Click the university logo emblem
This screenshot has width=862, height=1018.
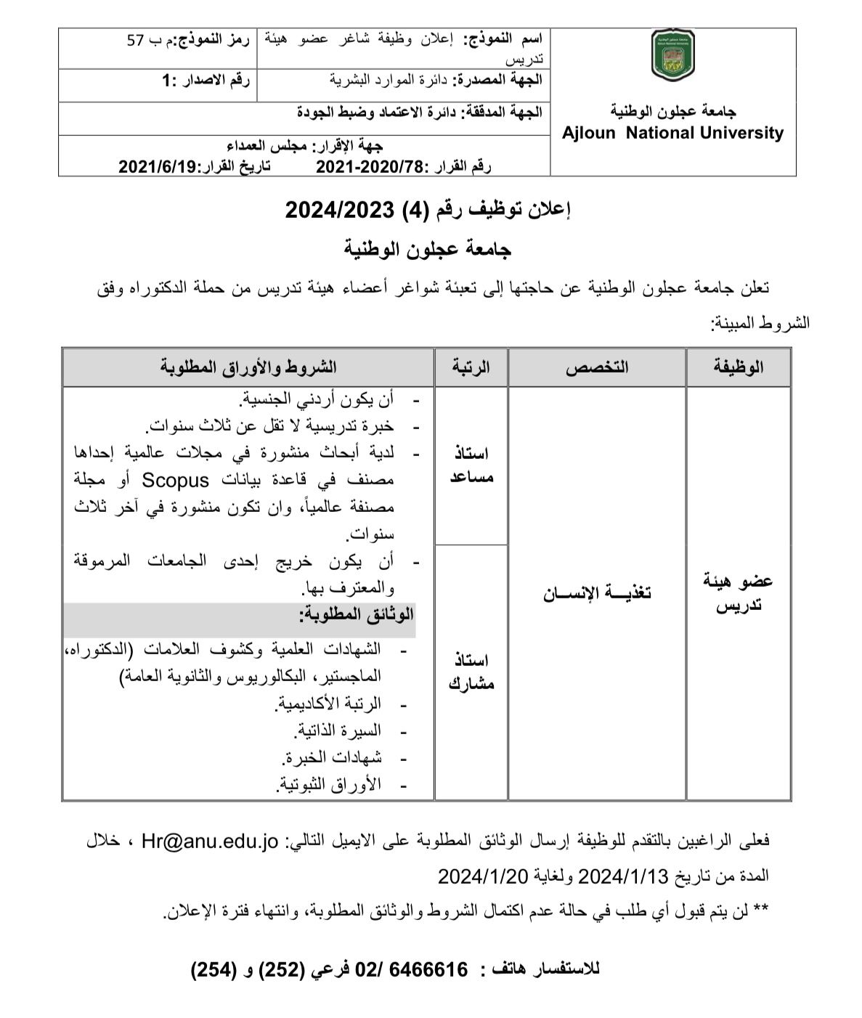(672, 55)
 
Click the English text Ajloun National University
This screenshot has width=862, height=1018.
(672, 133)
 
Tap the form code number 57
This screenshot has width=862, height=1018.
(136, 41)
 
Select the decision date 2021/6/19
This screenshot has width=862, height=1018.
(158, 167)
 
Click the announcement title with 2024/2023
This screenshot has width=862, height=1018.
(428, 211)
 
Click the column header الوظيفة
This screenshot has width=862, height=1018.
(738, 367)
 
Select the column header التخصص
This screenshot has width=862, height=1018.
(597, 367)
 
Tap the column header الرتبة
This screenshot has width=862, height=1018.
(471, 367)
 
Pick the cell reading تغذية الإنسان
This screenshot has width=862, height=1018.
(597, 593)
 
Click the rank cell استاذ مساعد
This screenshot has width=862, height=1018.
(471, 465)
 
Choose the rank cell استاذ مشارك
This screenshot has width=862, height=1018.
(471, 672)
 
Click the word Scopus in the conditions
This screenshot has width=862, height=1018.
(175, 480)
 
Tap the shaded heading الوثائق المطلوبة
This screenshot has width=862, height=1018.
(356, 614)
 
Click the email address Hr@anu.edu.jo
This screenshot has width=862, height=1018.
(211, 842)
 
